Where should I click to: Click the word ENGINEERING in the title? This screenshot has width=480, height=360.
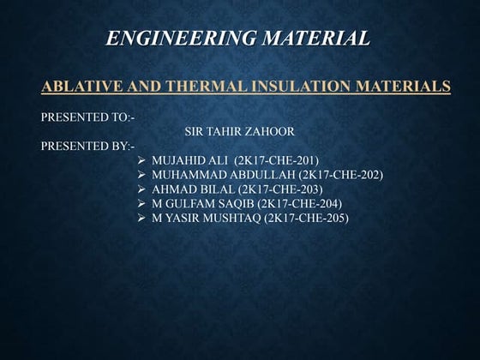click(175, 38)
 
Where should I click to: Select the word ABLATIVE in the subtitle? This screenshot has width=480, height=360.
click(83, 86)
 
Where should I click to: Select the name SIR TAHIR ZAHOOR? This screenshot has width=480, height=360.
click(239, 132)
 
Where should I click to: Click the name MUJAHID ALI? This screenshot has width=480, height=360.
click(189, 160)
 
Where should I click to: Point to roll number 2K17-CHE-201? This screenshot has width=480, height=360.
click(279, 160)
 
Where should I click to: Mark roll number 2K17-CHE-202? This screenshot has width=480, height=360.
click(340, 175)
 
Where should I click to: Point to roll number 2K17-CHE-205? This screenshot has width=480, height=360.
click(307, 219)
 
